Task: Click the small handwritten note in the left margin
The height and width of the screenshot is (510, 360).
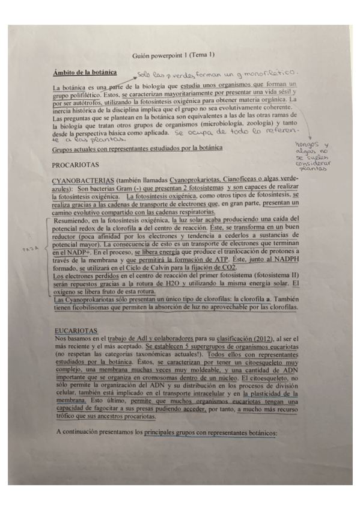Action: click(x=25, y=247)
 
